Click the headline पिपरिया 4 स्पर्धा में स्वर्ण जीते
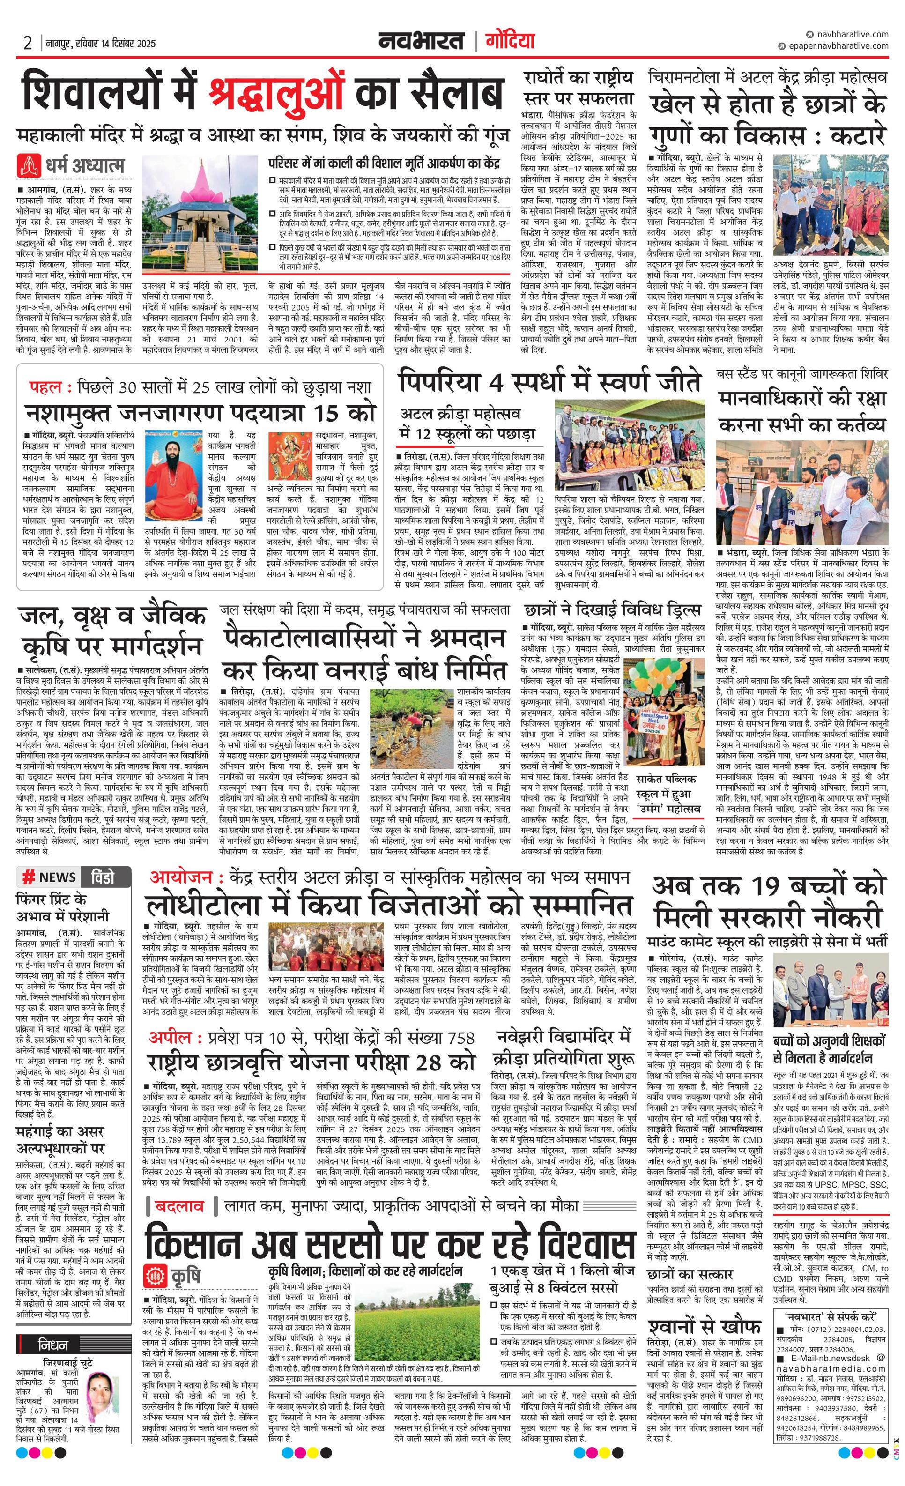point(549,382)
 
